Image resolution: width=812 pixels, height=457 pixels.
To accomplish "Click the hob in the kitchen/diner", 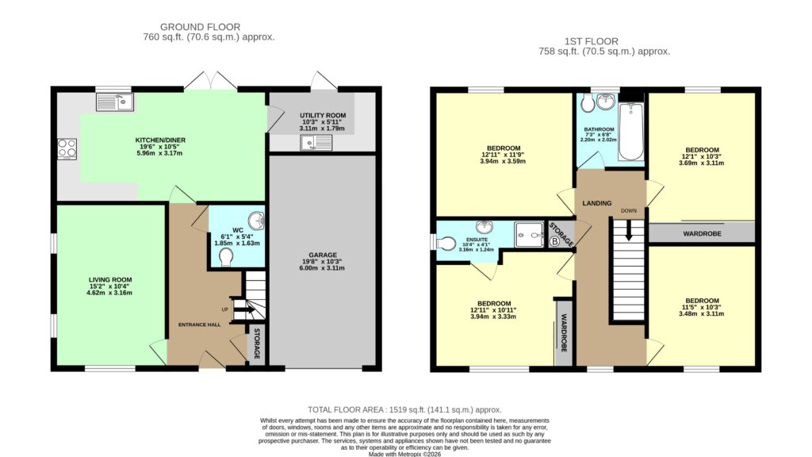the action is click(x=67, y=148).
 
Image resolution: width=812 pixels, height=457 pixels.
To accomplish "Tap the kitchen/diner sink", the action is click(x=114, y=102).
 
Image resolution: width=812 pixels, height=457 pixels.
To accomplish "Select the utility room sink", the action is click(x=316, y=143).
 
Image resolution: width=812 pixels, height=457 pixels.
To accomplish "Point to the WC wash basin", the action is click(x=256, y=221).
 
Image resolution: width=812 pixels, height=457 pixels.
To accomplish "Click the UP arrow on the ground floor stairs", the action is click(x=244, y=310).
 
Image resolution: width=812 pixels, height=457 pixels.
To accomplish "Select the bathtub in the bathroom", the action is click(x=630, y=132).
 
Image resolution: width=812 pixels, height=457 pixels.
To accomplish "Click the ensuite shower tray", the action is click(x=529, y=235).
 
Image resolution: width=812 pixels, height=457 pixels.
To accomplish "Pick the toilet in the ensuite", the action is click(x=445, y=243).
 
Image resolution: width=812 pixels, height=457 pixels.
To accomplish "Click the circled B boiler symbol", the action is click(x=554, y=241).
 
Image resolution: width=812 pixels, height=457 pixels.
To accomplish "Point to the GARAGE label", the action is click(x=323, y=255).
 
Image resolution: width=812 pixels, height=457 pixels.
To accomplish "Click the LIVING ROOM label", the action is click(x=109, y=280).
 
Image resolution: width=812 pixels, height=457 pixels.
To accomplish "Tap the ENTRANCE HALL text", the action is click(x=199, y=325).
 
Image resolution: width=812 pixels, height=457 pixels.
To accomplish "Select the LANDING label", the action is click(x=597, y=203).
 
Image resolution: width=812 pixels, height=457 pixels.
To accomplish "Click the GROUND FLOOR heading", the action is click(x=200, y=27).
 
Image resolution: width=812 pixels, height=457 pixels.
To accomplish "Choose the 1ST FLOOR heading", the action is click(x=592, y=41).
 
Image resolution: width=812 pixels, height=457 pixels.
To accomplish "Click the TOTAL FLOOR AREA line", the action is click(x=405, y=409).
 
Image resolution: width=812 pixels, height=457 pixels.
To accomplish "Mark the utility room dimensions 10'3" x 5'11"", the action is click(x=323, y=121).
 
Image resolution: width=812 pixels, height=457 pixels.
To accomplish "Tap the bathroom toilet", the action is click(x=588, y=103).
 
